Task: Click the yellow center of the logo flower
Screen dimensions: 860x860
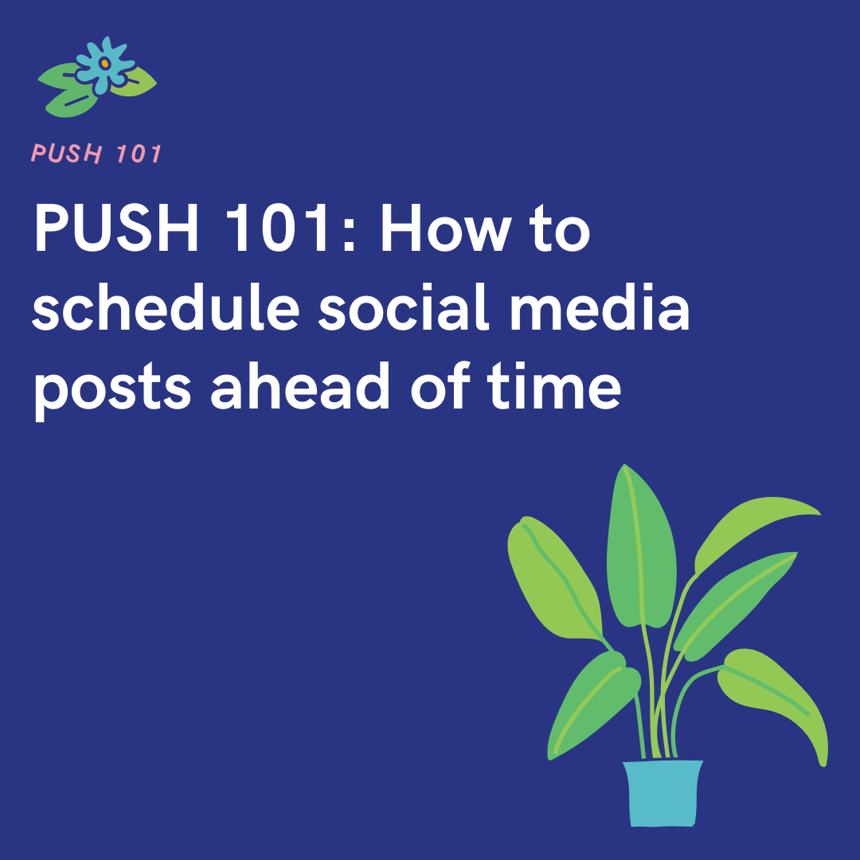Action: coord(104,62)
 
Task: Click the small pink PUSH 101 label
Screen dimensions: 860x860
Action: coord(96,153)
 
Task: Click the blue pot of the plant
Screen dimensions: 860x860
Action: coord(663,793)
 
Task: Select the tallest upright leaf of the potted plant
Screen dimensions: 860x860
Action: coord(641,541)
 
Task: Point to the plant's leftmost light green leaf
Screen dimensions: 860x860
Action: coord(549,573)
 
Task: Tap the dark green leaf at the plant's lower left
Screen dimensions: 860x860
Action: coord(593,701)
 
